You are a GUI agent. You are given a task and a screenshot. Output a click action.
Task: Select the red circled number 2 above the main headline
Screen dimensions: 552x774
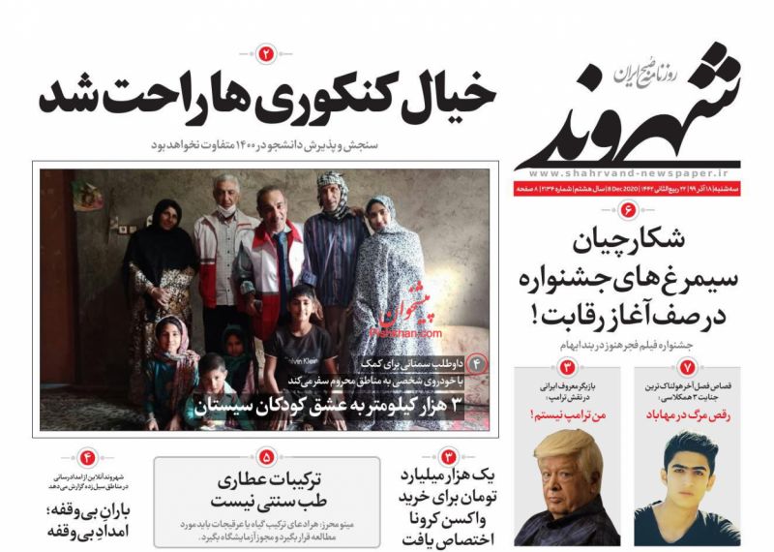(x=267, y=54)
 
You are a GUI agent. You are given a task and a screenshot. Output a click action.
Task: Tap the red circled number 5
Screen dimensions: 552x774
(x=267, y=454)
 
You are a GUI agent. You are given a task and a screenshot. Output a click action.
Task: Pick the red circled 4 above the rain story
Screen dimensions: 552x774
(x=88, y=456)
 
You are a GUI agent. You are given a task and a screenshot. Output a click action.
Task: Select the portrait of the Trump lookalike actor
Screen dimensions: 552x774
(x=566, y=489)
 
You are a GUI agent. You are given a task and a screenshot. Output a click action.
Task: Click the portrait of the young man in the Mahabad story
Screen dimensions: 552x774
(x=688, y=490)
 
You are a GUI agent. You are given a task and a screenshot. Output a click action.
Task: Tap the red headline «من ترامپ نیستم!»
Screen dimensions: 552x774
(x=567, y=414)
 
